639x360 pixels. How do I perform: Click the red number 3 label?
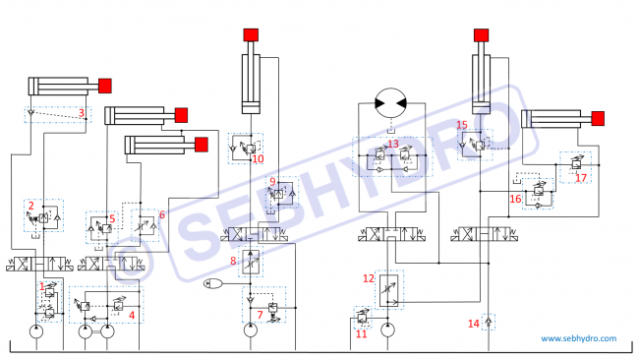tap(82, 112)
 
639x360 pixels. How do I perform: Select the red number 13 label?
tap(393, 144)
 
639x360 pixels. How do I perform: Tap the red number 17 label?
tap(581, 178)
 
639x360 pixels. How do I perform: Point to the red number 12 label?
tap(369, 278)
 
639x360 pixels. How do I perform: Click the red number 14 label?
tap(473, 324)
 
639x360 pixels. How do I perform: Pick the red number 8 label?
tap(233, 261)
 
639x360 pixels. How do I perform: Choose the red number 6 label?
tap(162, 214)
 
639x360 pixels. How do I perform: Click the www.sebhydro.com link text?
tap(579, 338)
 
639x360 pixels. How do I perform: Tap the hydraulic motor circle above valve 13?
tap(391, 103)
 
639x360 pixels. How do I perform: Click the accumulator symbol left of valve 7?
tap(213, 283)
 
